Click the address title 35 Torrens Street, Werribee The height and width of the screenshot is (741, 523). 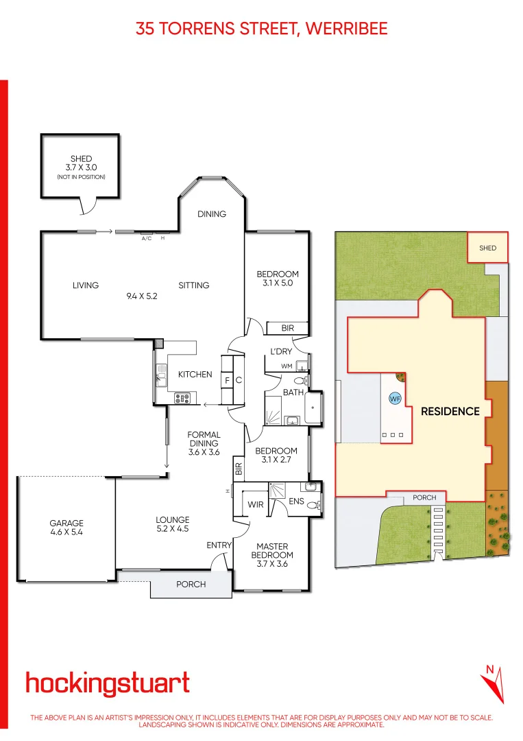point(261,28)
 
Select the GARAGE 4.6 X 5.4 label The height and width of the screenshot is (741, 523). point(66,527)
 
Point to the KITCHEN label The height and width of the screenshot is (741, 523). point(195,375)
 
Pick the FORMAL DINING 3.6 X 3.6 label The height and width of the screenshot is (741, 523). point(204,443)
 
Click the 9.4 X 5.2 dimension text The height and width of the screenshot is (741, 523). point(143,296)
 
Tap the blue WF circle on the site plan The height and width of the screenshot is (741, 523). point(395,399)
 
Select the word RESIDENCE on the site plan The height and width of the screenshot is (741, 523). point(450,412)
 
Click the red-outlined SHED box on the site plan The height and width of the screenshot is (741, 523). point(487,248)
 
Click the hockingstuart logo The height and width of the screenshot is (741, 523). point(108,683)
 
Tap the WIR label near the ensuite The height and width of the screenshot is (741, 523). point(256,505)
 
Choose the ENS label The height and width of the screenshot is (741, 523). point(296,502)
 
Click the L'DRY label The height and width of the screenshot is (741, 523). point(281,351)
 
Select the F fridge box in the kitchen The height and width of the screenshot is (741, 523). point(227,379)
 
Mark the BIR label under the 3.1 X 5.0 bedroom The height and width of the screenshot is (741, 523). point(287,329)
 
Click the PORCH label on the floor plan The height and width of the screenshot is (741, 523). point(191,585)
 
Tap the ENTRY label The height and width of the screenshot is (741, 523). point(219,545)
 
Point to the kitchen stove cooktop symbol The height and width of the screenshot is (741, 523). point(183,396)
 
